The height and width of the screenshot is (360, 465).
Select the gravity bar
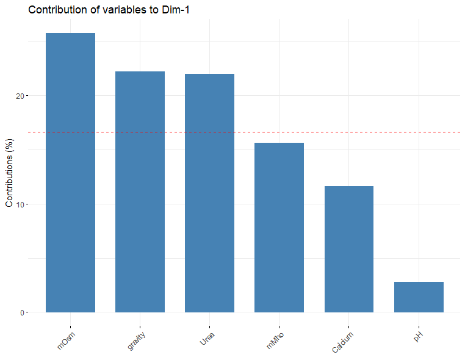(140, 192)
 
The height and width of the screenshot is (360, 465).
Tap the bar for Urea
(209, 193)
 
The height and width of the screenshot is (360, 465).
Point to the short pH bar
(419, 297)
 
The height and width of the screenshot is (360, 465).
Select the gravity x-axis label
(136, 339)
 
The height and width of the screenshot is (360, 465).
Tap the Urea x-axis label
(207, 338)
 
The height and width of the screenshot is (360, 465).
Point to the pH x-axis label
(418, 336)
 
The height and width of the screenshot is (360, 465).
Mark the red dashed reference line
(244, 132)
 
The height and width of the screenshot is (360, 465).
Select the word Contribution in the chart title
(56, 10)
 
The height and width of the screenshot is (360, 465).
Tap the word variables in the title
(122, 10)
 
